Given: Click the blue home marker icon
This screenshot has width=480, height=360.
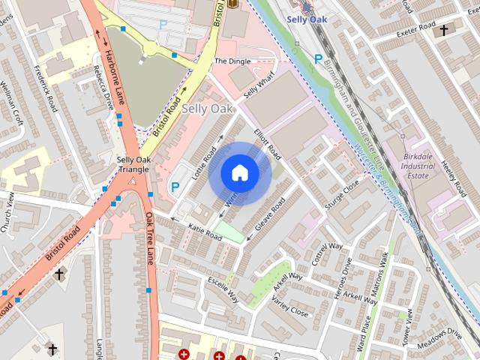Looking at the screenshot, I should coord(239,173).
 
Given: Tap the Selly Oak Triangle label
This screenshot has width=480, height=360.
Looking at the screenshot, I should coord(133,164).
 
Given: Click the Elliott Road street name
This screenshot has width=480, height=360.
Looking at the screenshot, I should coord(267,143).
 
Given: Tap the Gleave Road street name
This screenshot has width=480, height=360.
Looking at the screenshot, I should coord(269,215).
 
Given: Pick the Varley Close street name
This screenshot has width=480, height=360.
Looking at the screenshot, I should coord(289,307).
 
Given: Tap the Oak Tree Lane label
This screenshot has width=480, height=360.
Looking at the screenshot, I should coord(150,238).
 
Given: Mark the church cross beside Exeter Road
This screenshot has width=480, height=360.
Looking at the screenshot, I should coord(444,30).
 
